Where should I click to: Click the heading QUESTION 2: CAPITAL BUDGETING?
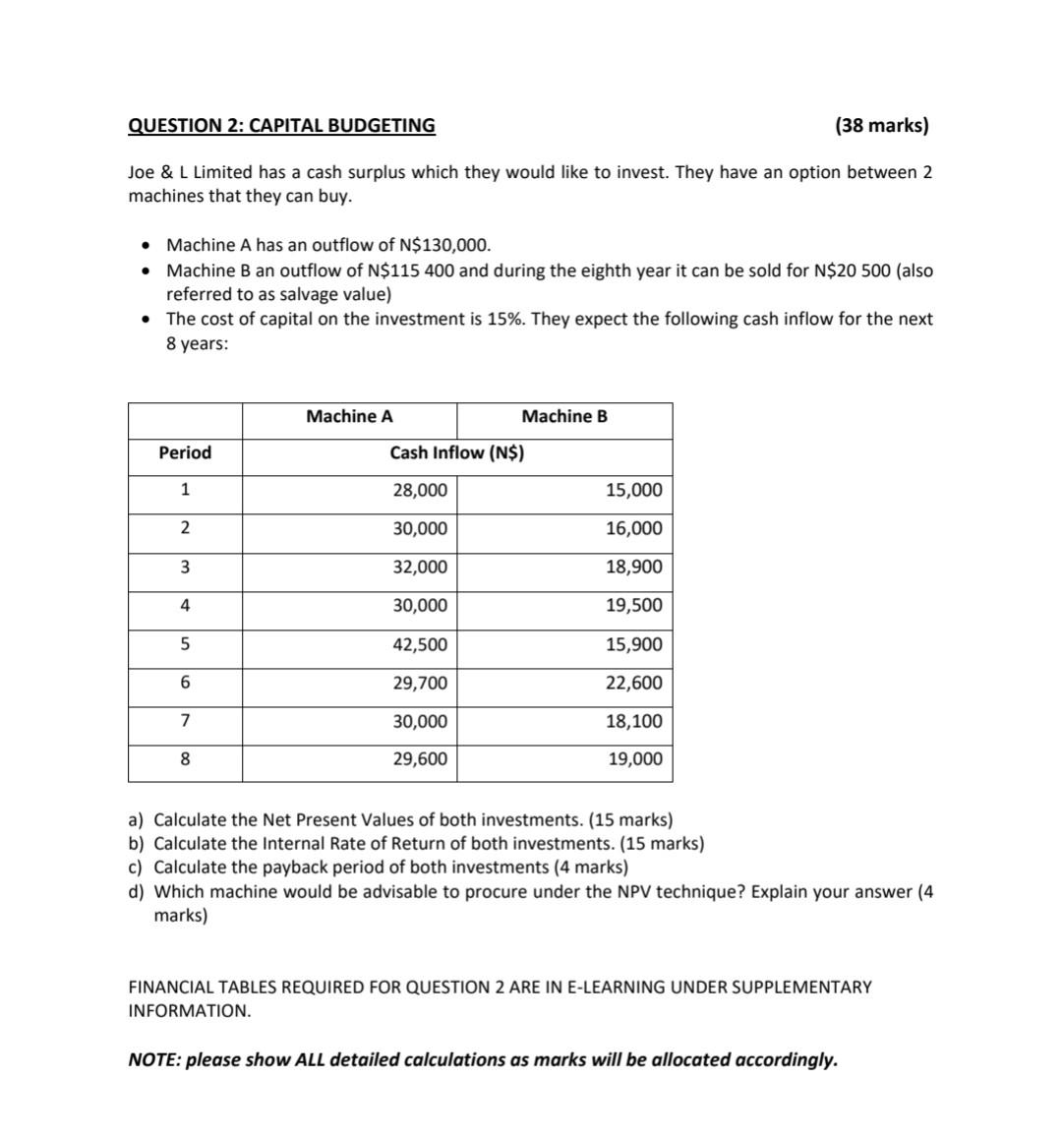click(281, 125)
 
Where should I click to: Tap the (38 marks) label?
click(881, 125)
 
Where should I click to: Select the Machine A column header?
click(349, 417)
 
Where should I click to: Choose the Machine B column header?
click(564, 417)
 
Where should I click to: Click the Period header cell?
click(185, 452)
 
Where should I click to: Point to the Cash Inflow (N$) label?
click(456, 452)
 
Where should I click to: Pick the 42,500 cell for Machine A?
click(420, 645)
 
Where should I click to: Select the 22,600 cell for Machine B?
click(633, 683)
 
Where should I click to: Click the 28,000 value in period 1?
click(420, 491)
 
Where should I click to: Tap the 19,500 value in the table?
click(633, 606)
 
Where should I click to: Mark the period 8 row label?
click(185, 759)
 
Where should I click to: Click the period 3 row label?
click(185, 568)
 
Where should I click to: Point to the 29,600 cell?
click(420, 759)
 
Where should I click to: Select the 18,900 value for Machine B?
click(633, 568)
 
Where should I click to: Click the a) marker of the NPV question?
click(136, 819)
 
